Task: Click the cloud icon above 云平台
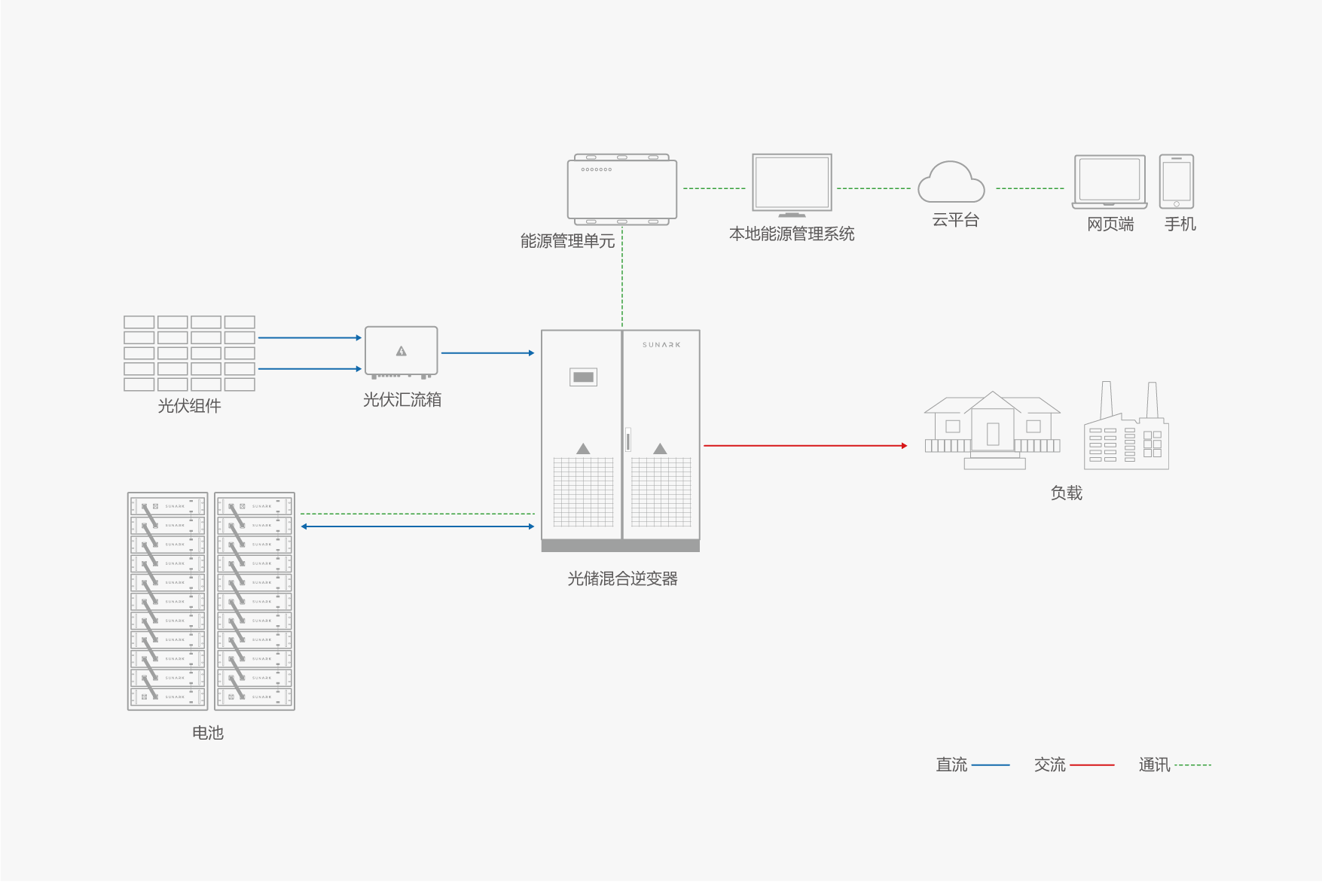pyautogui.click(x=951, y=183)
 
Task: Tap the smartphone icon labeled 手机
pyautogui.click(x=1176, y=182)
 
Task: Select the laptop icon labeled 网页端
pyautogui.click(x=1110, y=182)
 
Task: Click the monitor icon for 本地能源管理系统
pyautogui.click(x=792, y=184)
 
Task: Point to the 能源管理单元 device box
pyautogui.click(x=622, y=190)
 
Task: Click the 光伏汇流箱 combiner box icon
pyautogui.click(x=401, y=351)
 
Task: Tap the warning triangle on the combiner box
pyautogui.click(x=401, y=351)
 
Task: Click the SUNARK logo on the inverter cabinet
pyautogui.click(x=661, y=345)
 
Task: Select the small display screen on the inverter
pyautogui.click(x=583, y=377)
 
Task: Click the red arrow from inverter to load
pyautogui.click(x=804, y=446)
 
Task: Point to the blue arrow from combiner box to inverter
pyautogui.click(x=487, y=352)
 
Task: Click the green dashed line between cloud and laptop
pyautogui.click(x=1030, y=188)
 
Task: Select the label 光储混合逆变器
pyautogui.click(x=622, y=578)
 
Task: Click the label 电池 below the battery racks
pyautogui.click(x=208, y=733)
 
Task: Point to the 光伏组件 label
pyautogui.click(x=189, y=406)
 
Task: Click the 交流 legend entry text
pyautogui.click(x=1049, y=765)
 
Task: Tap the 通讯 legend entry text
pyautogui.click(x=1154, y=765)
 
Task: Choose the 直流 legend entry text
pyautogui.click(x=951, y=765)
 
